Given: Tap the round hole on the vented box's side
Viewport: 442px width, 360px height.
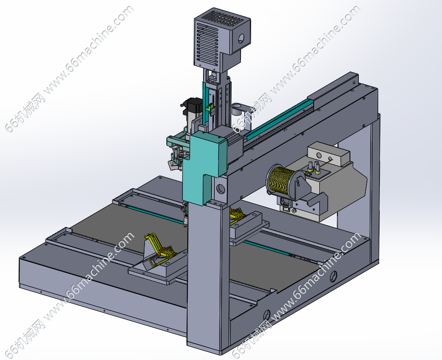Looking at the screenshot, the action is pyautogui.click(x=241, y=39).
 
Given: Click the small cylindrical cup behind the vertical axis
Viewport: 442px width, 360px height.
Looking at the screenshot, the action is pyautogui.click(x=237, y=109).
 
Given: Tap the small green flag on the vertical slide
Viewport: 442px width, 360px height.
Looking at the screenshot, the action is pyautogui.click(x=210, y=108).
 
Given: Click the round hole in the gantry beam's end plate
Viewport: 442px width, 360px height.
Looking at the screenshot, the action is pyautogui.click(x=221, y=188).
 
